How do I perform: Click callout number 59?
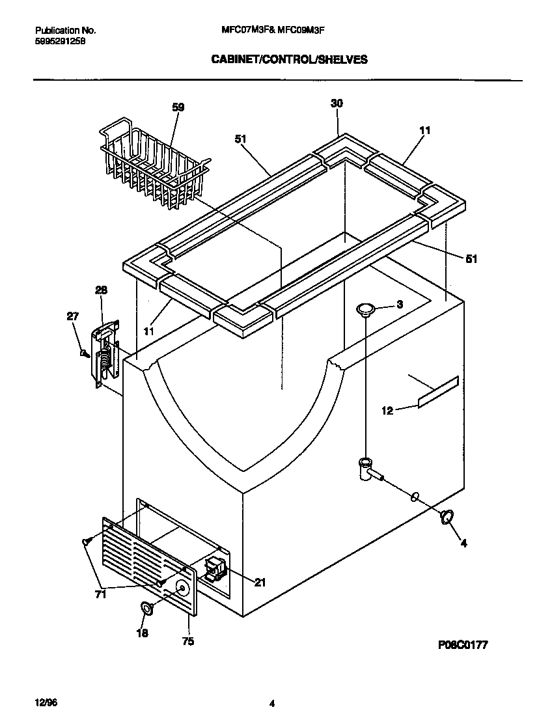pyautogui.click(x=178, y=107)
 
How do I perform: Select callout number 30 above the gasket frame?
pyautogui.click(x=337, y=103)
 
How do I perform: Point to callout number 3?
pyautogui.click(x=400, y=304)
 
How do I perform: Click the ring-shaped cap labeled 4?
pyautogui.click(x=447, y=517)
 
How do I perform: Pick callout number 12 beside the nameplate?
pyautogui.click(x=387, y=411)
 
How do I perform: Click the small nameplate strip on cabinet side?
pyautogui.click(x=438, y=392)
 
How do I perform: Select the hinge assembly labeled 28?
pyautogui.click(x=105, y=355)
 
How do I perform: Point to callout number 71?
pyautogui.click(x=101, y=594)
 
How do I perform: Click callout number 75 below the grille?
pyautogui.click(x=187, y=641)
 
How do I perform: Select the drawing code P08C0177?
pyautogui.click(x=463, y=644)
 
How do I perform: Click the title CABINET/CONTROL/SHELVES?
pyautogui.click(x=289, y=59)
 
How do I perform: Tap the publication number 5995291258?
pyautogui.click(x=59, y=40)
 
